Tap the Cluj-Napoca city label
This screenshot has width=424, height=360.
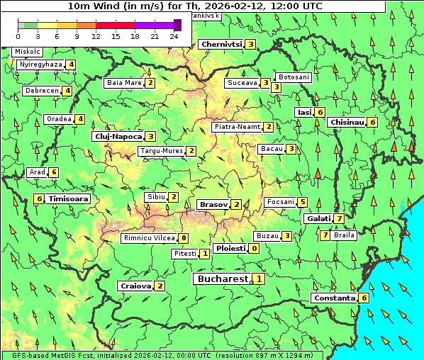click(118, 136)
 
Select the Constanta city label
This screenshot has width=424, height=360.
click(334, 298)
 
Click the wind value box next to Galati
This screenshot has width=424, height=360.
click(340, 218)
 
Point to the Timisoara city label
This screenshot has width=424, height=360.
click(69, 199)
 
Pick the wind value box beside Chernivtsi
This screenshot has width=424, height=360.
click(250, 45)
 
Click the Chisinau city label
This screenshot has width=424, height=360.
click(347, 122)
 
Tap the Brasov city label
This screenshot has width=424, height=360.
click(213, 204)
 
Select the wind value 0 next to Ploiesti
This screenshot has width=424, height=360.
click(254, 249)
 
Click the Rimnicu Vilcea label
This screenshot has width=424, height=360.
click(148, 238)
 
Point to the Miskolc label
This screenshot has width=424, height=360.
click(28, 52)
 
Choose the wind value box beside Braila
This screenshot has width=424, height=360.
click(325, 235)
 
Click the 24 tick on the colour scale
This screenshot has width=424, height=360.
click(174, 35)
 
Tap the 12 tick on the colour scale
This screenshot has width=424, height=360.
click(96, 35)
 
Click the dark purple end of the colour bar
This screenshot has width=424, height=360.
click(177, 25)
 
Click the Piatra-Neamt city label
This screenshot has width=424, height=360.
click(238, 127)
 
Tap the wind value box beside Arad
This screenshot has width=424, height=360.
click(53, 172)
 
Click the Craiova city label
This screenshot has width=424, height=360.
click(135, 286)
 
